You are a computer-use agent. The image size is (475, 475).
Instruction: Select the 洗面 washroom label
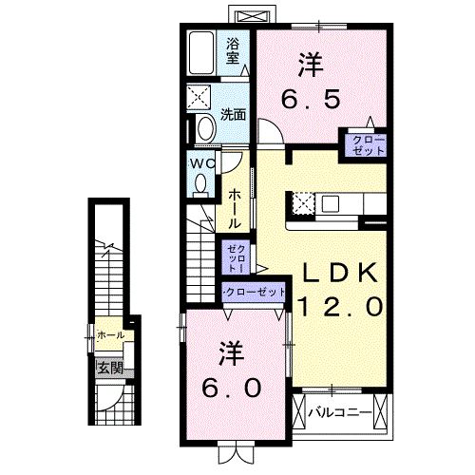234,114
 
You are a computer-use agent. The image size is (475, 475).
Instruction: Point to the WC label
202,162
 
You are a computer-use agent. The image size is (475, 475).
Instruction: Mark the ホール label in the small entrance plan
110,336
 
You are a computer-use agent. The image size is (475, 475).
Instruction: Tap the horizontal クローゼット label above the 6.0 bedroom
253,292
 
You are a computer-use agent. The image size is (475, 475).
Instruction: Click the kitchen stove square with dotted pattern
303,202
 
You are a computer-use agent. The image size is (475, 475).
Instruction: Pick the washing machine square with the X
201,95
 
